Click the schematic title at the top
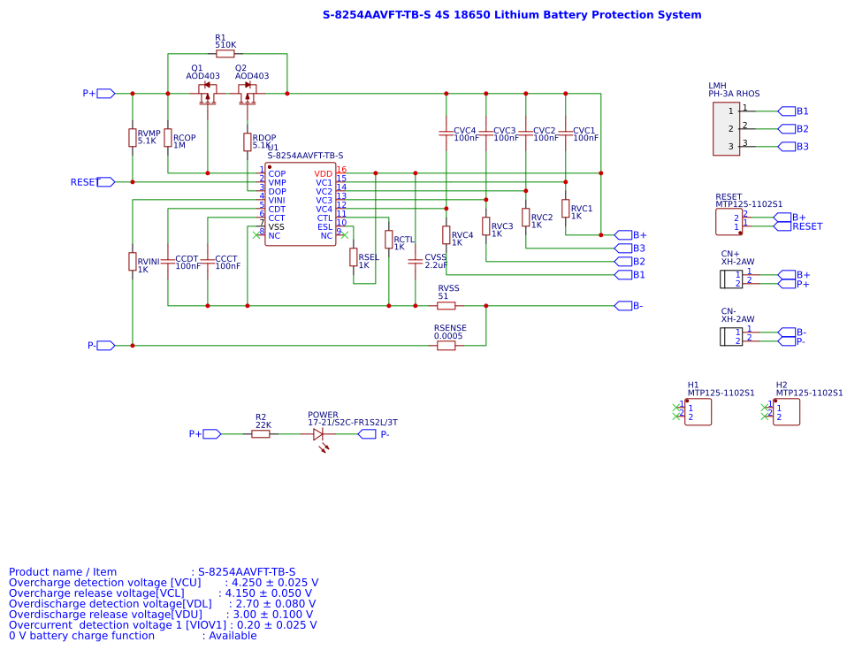pyautogui.click(x=512, y=15)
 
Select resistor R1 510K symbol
pyautogui.click(x=225, y=54)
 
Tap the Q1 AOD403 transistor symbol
pyautogui.click(x=207, y=93)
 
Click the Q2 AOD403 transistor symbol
pyautogui.click(x=248, y=93)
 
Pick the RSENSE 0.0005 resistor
pyautogui.click(x=446, y=346)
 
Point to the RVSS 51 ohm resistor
pyautogui.click(x=446, y=306)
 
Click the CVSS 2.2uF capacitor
pyautogui.click(x=415, y=261)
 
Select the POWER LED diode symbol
pyautogui.click(x=318, y=434)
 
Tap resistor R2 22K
pyautogui.click(x=261, y=434)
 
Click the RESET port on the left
pyautogui.click(x=105, y=182)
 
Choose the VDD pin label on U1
pyautogui.click(x=324, y=173)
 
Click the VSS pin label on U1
pyautogui.click(x=277, y=226)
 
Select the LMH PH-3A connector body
pyautogui.click(x=726, y=129)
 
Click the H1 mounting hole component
pyautogui.click(x=698, y=412)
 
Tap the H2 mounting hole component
pyautogui.click(x=786, y=412)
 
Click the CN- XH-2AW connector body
pyautogui.click(x=730, y=336)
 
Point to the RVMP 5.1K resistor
pyautogui.click(x=133, y=137)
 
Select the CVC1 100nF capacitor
pyautogui.click(x=566, y=134)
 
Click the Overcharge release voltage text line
pyautogui.click(x=164, y=593)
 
